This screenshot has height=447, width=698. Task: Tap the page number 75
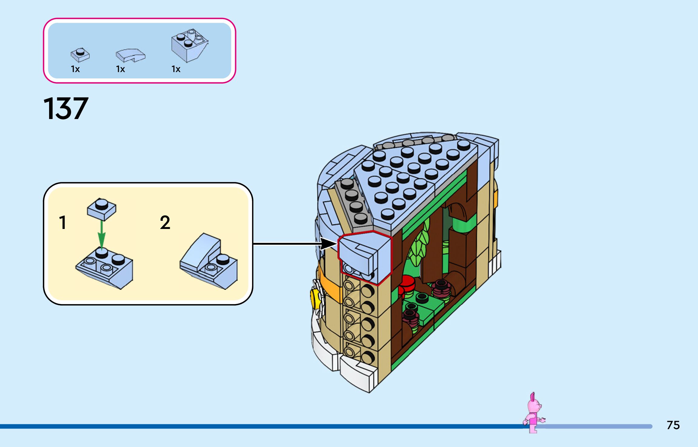pyautogui.click(x=673, y=425)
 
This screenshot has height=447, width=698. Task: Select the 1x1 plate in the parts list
pyautogui.click(x=80, y=55)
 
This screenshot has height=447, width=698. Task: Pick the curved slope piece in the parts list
pyautogui.click(x=130, y=55)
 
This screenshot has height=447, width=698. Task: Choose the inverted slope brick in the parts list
pyautogui.click(x=189, y=45)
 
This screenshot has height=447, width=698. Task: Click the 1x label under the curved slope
pyautogui.click(x=120, y=69)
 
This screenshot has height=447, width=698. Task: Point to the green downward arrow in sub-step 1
pyautogui.click(x=102, y=234)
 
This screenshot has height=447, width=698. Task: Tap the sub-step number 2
pyautogui.click(x=165, y=223)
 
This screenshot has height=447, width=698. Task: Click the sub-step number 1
pyautogui.click(x=63, y=223)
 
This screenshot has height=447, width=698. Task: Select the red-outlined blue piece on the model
pyautogui.click(x=365, y=256)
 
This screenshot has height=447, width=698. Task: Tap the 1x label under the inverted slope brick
pyautogui.click(x=176, y=69)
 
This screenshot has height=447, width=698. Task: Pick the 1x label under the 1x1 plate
pyautogui.click(x=75, y=69)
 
